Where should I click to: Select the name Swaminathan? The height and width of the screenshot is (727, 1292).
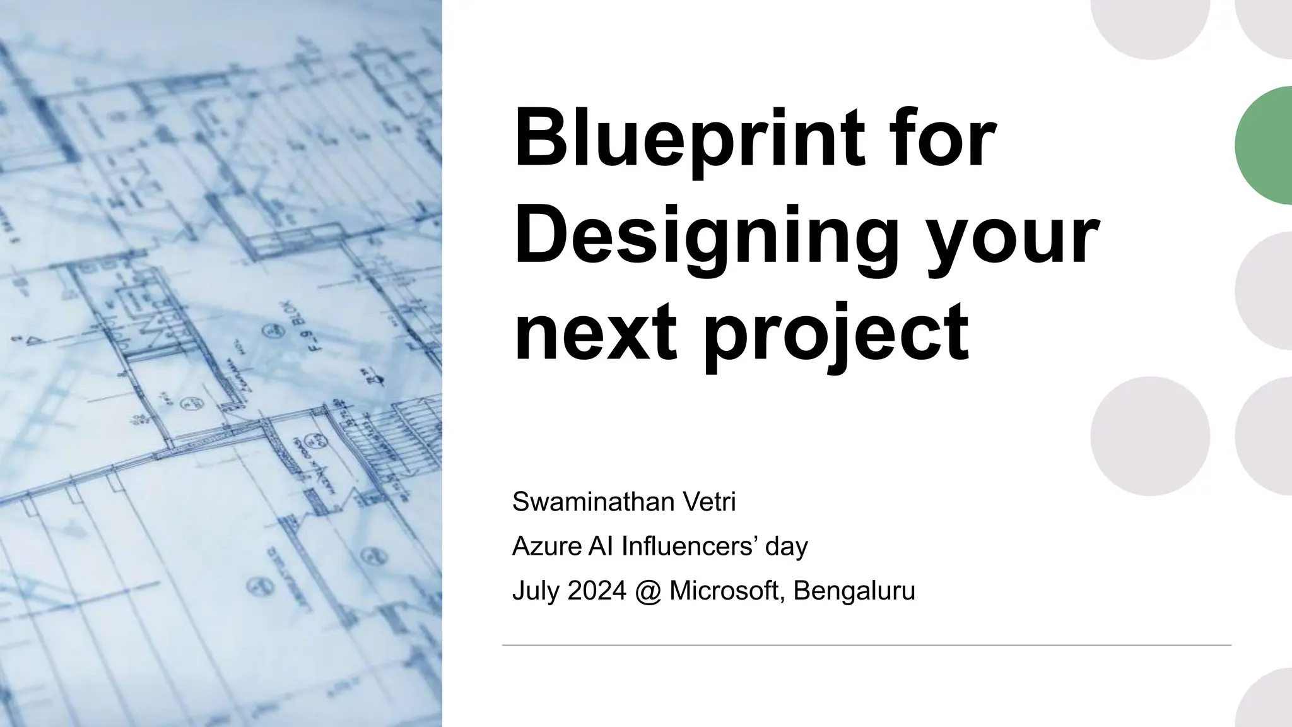point(592,502)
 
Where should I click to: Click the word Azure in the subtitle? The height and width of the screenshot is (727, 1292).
point(546,547)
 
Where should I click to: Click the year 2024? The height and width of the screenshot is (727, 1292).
point(597,591)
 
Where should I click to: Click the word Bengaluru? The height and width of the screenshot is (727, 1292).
point(854,591)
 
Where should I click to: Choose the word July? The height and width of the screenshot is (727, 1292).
point(536,591)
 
